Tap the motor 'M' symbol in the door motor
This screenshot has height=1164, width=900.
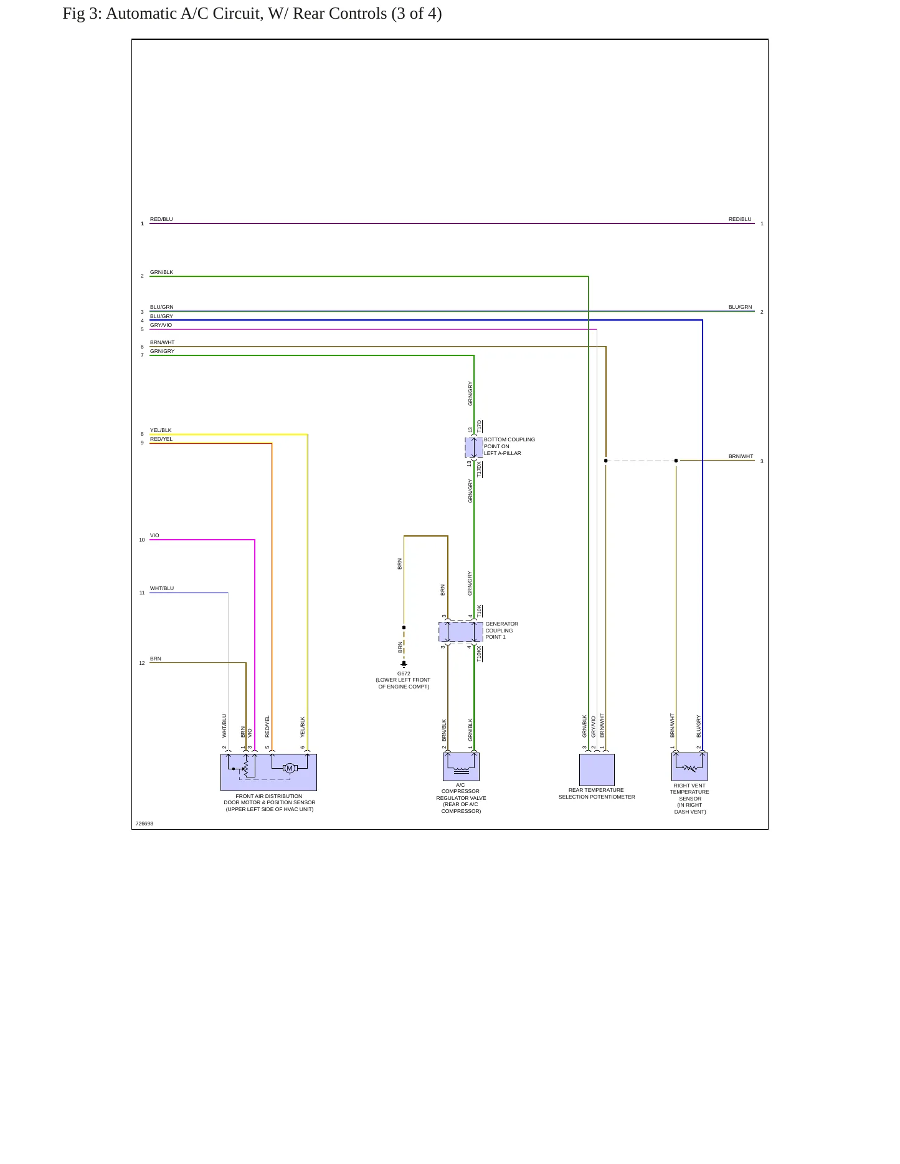click(290, 768)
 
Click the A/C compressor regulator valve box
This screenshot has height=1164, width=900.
click(461, 767)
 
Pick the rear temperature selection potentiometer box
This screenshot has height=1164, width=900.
click(597, 769)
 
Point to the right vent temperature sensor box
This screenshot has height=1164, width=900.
click(689, 767)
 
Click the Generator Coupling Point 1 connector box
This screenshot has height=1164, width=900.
click(461, 632)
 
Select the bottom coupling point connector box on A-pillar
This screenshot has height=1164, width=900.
click(474, 448)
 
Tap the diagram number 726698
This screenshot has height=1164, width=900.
click(144, 824)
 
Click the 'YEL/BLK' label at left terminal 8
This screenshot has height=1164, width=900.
click(161, 430)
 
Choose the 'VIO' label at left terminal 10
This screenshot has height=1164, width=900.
click(154, 535)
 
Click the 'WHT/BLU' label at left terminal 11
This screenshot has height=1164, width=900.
click(162, 588)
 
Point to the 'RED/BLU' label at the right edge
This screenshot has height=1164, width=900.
click(740, 219)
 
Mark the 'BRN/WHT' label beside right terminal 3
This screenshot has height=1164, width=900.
click(741, 456)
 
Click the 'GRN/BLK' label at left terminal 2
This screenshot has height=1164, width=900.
click(161, 272)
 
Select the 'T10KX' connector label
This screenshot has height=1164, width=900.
click(480, 653)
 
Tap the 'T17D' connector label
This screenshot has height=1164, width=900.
click(480, 426)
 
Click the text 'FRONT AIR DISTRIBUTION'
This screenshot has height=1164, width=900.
click(269, 796)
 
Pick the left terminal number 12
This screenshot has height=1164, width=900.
click(142, 663)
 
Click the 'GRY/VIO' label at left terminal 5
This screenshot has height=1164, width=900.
click(161, 325)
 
